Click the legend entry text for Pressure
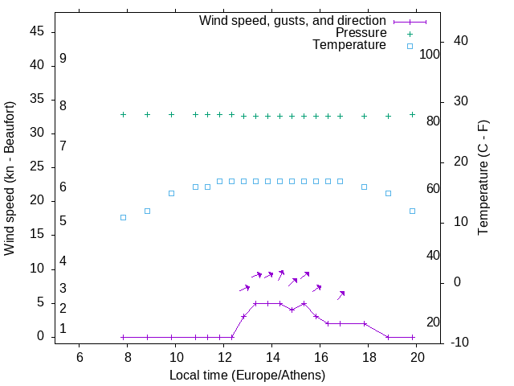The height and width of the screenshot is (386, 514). [361, 33]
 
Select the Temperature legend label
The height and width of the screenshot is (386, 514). [349, 45]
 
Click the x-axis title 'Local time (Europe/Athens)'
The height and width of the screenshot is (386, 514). [247, 376]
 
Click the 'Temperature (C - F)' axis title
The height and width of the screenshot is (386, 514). [483, 179]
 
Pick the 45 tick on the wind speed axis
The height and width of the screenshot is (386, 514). [36, 31]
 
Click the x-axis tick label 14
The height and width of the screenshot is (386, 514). [271, 356]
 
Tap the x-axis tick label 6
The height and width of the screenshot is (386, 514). [79, 356]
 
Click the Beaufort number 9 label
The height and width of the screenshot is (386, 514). [63, 59]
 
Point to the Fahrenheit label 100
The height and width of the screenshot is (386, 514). [430, 55]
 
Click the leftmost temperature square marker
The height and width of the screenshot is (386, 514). [123, 217]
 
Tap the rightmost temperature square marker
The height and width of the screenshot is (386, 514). [412, 211]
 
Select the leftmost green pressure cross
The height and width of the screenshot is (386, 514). [123, 115]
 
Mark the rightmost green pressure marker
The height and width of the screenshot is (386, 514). [412, 115]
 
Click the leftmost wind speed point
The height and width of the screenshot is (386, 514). [123, 337]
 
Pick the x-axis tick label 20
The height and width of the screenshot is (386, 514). [417, 356]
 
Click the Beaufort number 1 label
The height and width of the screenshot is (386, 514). [63, 329]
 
